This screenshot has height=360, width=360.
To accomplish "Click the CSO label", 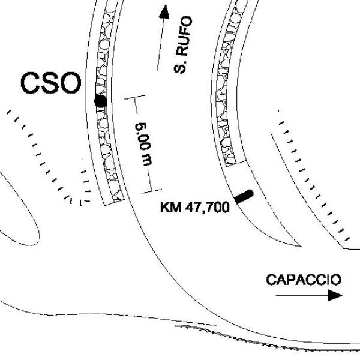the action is tap(51, 83).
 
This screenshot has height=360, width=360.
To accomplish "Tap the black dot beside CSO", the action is tap(101, 101).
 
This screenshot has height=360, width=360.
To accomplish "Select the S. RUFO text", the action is tap(183, 44).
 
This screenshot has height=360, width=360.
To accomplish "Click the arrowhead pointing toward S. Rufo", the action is tap(164, 12).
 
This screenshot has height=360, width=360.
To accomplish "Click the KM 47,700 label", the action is tap(195, 207).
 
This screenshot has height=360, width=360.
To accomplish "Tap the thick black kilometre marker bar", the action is tap(244, 197).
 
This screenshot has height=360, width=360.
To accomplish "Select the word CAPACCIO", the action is tap(304, 280).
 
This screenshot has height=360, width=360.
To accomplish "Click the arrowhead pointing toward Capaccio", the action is tap(335, 295).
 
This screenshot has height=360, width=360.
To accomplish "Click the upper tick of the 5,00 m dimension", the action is tap(134, 97).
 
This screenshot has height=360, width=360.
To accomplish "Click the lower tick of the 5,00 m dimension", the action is tap(151, 191).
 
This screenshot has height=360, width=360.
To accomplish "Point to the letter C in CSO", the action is tap(30, 83).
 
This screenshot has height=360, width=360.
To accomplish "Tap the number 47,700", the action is tap(208, 208).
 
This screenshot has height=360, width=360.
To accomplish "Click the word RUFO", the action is tap(185, 35).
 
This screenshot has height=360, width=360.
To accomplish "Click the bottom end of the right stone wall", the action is tap(236, 163).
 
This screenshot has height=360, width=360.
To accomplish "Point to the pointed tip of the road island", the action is tap(301, 246).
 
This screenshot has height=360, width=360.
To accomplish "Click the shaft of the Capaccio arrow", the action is tap(302, 295).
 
